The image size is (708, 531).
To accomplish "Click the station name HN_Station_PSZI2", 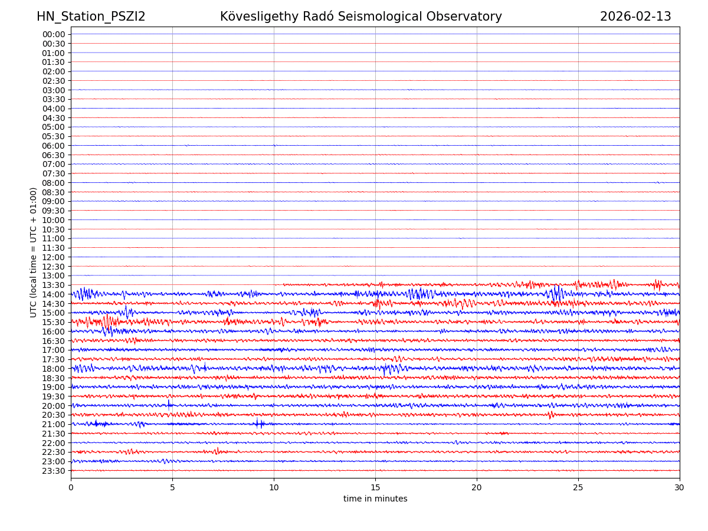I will tap(91, 17).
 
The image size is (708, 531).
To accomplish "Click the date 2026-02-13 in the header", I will tap(635, 17).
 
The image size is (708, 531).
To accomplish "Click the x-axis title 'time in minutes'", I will tap(375, 499).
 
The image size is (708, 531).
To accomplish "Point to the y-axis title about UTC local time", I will tap(34, 253).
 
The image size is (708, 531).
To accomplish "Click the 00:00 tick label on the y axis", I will tap(54, 34).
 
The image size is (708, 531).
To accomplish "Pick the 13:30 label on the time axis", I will tap(54, 285).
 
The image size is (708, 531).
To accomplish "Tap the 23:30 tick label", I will tap(54, 471).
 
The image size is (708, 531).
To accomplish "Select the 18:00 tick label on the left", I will tap(54, 369).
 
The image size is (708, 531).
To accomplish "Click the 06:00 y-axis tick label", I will tap(54, 146).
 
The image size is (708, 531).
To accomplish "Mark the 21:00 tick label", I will tap(54, 424).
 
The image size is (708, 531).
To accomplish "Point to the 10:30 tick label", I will tap(54, 230).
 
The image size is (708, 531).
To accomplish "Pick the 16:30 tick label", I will tap(54, 341).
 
